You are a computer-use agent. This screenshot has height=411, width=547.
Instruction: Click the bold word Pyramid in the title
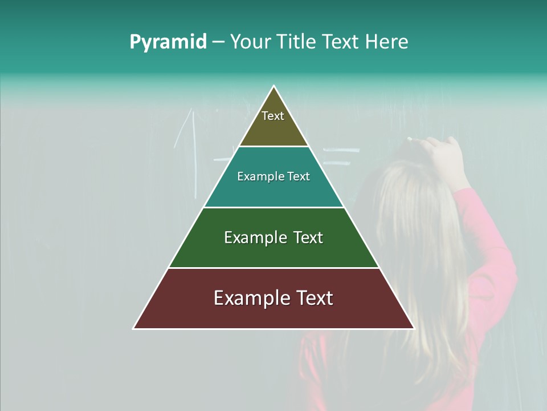[x=168, y=42]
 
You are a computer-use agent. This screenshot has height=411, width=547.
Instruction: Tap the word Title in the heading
[x=296, y=42]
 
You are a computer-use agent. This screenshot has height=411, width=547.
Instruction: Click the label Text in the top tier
[x=273, y=116]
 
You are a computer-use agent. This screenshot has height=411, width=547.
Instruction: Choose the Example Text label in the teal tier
[x=273, y=176]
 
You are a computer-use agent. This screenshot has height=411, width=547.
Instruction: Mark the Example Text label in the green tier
[x=273, y=237]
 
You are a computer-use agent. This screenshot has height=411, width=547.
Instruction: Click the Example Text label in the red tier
[x=273, y=298]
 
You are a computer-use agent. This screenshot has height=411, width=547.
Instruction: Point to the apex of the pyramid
[x=273, y=87]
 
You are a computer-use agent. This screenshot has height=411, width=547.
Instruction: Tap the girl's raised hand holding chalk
[x=442, y=151]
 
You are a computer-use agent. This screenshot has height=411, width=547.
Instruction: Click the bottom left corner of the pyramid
[x=134, y=328]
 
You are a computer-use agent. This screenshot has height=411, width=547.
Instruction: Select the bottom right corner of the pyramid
[x=414, y=328]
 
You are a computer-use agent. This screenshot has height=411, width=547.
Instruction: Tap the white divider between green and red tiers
[x=273, y=268]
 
